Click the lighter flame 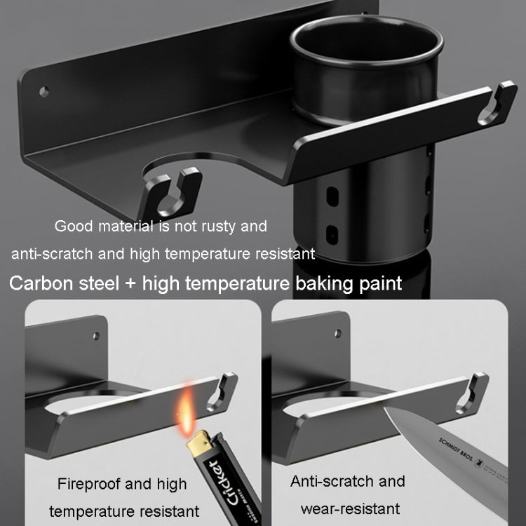coord(186,412)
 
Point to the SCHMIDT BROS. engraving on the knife coord(456,450)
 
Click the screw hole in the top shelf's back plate coord(44,91)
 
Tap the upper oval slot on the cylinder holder coord(332,196)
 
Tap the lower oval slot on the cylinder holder coord(332,234)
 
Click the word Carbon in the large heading coord(41,283)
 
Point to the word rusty coord(218,227)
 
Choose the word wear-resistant coord(350,509)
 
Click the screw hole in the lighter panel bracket coord(96,336)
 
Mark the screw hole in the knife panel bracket coord(338,333)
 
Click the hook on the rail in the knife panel coord(472,393)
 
